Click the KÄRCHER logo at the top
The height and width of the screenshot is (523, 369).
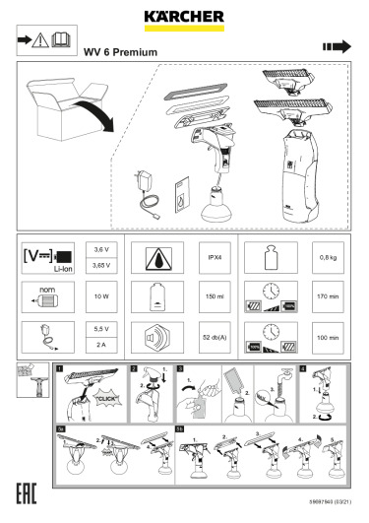(x=183, y=16)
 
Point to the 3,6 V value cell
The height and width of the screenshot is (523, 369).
(x=101, y=250)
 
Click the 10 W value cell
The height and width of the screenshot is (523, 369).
(x=101, y=295)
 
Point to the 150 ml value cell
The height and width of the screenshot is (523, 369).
(x=214, y=295)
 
